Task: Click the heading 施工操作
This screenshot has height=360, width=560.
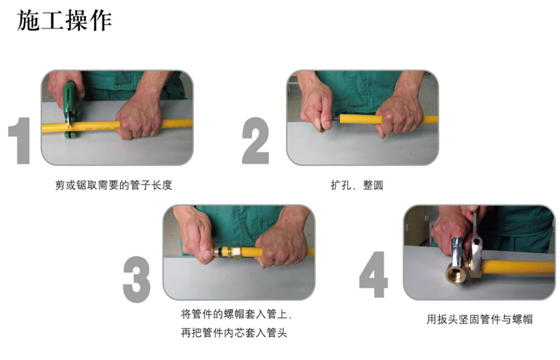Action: [64, 21]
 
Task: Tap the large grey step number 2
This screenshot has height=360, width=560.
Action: [255, 140]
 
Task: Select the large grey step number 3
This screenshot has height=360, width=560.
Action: [137, 279]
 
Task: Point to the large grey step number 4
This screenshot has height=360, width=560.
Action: [373, 274]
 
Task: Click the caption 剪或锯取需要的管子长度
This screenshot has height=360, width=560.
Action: [113, 185]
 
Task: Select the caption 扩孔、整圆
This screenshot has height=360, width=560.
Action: [357, 185]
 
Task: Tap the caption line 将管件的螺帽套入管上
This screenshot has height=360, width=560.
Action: [236, 314]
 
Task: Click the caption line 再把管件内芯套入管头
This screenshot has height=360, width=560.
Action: [234, 332]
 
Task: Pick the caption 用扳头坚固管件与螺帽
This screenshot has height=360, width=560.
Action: [479, 319]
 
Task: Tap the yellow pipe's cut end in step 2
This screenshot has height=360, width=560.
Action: [341, 120]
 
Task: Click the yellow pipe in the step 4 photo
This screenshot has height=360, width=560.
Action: [518, 267]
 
